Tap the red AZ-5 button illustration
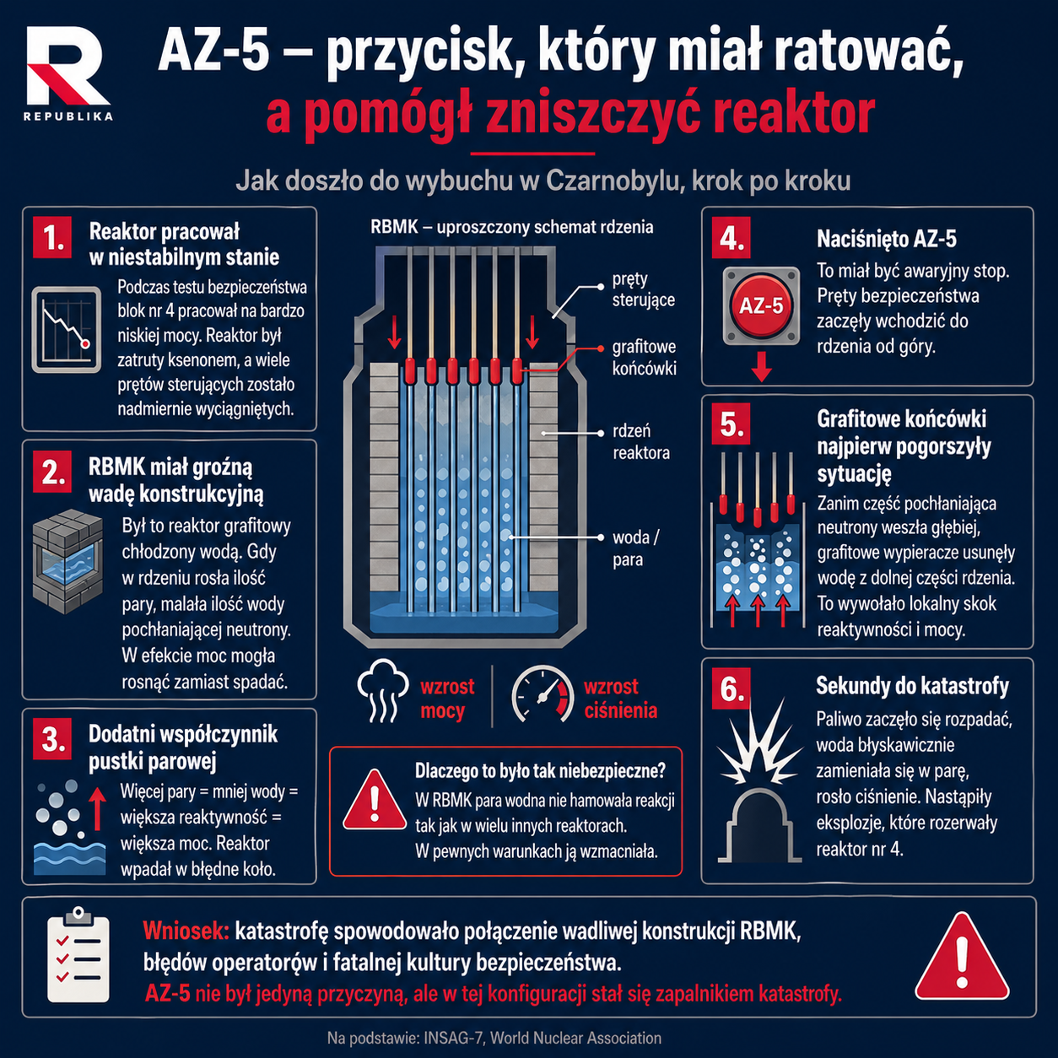click(761, 305)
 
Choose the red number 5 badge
click(731, 424)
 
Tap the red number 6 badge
click(731, 688)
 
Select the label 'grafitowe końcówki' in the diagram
click(644, 358)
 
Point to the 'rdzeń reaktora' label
click(640, 442)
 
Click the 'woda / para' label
click(635, 548)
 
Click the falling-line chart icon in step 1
click(66, 329)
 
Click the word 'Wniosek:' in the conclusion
click(186, 931)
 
